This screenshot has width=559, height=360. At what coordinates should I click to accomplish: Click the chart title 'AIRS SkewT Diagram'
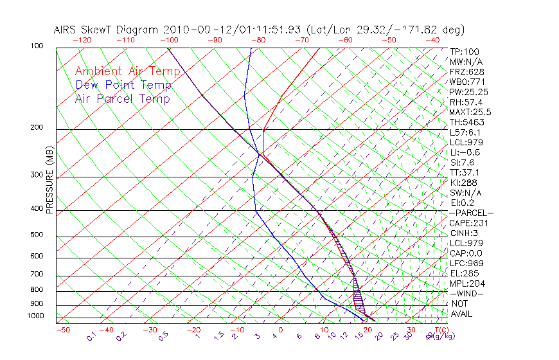click(107, 30)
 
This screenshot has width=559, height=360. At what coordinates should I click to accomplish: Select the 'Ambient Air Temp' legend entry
click(127, 71)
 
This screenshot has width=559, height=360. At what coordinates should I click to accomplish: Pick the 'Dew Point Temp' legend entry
click(123, 85)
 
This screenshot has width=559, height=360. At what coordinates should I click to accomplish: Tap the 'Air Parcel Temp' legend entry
click(122, 98)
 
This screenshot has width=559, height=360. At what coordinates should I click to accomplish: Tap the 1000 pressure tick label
click(36, 316)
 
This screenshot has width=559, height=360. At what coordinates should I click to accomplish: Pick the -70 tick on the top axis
click(301, 40)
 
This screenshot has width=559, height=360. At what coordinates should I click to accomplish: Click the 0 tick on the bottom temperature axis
click(281, 330)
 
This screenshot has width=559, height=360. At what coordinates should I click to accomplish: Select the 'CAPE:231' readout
click(469, 223)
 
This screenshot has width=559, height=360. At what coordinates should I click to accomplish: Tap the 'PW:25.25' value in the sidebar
click(469, 92)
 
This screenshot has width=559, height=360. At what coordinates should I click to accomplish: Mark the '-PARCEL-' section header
click(471, 213)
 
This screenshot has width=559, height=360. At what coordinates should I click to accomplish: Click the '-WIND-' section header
click(467, 293)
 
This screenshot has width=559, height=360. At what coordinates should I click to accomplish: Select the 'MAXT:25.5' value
click(471, 112)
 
